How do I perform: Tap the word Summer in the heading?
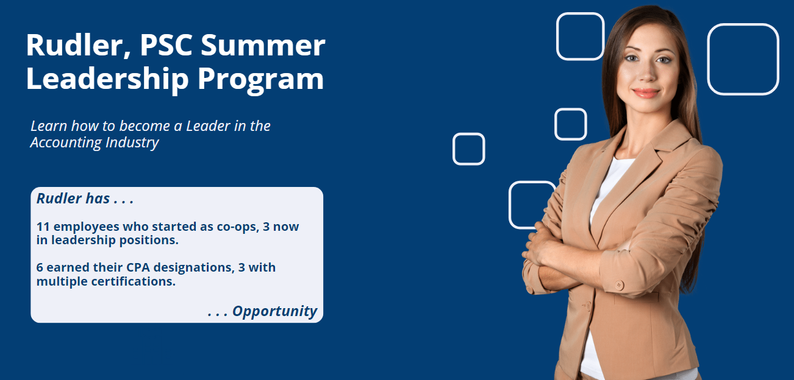pos(263,45)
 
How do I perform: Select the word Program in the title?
pos(260,80)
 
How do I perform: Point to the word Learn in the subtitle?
pos(49,126)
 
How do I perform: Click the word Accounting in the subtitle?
pos(66,143)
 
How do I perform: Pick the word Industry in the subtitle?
pos(132,143)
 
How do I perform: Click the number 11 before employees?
pos(43,227)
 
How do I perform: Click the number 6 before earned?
pos(40,267)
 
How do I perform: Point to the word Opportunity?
pos(274,311)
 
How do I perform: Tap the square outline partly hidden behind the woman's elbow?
pos(510,205)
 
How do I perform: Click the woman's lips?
pos(646,93)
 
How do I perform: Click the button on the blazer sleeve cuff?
pos(619,285)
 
